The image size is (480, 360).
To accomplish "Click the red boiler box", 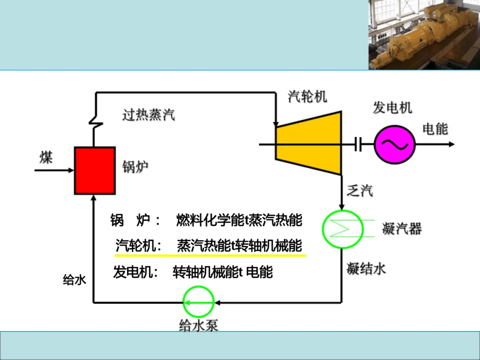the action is [95, 171].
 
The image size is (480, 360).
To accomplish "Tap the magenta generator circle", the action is [394, 144].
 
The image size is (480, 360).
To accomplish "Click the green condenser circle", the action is [342, 229].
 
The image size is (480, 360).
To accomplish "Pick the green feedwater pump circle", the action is [199, 302].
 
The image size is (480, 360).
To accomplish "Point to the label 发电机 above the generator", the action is [392, 107].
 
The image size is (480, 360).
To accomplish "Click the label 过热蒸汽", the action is [149, 115].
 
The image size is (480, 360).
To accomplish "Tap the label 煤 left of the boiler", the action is [46, 157].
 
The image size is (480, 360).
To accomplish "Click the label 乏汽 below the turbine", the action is [360, 191].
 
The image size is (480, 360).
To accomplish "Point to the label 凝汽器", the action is [402, 229].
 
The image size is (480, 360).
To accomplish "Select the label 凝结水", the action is [366, 268].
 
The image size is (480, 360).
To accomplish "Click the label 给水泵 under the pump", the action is [199, 326].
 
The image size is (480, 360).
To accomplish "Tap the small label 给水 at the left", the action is [74, 280].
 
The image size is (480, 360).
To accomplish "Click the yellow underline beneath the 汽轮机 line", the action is [211, 256].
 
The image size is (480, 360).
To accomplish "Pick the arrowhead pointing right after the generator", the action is [451, 144].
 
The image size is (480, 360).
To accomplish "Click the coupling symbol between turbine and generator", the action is [358, 144].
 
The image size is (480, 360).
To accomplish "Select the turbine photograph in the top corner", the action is [424, 35].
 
